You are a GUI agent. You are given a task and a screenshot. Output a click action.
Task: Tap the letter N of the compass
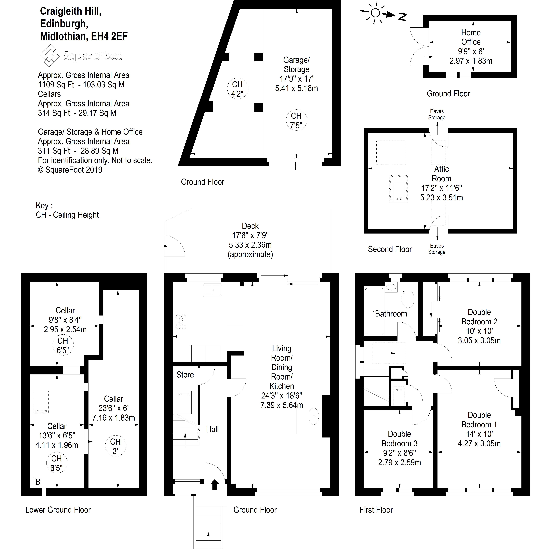[402, 17]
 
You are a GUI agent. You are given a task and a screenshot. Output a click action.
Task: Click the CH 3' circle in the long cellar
[115, 446]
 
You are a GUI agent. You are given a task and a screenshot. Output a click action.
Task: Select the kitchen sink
[212, 290]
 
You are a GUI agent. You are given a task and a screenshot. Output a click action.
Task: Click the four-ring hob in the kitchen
[181, 322]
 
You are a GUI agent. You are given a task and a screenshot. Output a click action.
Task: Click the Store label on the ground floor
[185, 374]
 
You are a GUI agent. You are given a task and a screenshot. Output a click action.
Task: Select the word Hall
[212, 429]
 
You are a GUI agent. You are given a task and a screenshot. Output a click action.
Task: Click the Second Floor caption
[390, 249]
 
